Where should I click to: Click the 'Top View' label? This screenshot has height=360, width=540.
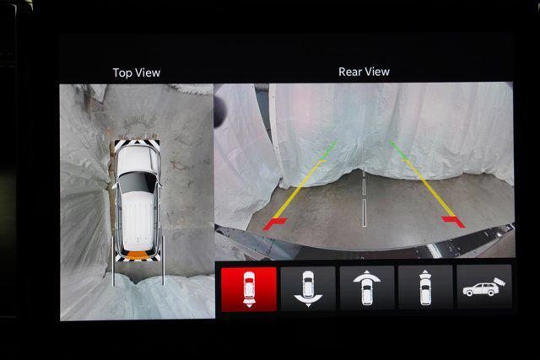click(x=137, y=73)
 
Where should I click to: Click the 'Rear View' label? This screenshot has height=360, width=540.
click(x=364, y=72)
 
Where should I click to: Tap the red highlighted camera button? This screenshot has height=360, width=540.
click(x=249, y=289)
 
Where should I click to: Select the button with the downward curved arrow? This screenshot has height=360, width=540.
click(x=308, y=288)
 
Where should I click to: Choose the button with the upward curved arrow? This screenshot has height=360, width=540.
click(x=367, y=288)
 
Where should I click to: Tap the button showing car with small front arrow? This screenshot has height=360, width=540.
click(x=425, y=287)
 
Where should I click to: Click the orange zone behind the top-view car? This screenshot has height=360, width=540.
click(x=137, y=255)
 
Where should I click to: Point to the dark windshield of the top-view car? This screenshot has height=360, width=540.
click(x=137, y=182)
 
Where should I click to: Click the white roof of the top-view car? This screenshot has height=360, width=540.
click(x=138, y=217)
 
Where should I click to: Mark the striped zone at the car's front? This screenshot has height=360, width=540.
click(x=137, y=144)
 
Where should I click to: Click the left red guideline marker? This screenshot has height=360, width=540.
click(x=274, y=223)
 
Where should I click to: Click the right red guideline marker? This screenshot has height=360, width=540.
click(x=453, y=221)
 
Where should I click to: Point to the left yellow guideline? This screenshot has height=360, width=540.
click(x=298, y=189)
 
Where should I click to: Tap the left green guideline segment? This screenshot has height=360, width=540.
click(x=328, y=150)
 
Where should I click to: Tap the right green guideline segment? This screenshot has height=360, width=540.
click(x=398, y=149)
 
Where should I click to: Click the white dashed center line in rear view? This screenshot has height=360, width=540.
click(x=364, y=197)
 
